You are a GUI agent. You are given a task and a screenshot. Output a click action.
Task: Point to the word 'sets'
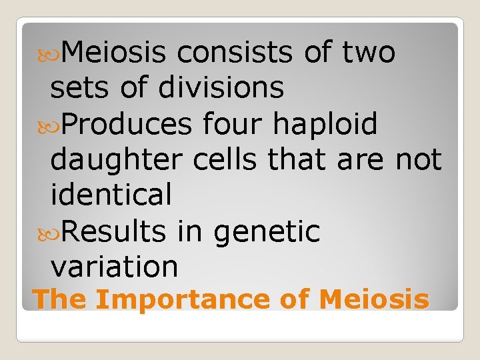[79, 87]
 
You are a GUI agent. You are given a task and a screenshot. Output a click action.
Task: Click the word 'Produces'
[126, 124]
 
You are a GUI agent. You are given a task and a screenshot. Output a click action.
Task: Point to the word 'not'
[419, 160]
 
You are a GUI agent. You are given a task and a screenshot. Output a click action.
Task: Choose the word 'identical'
[111, 195]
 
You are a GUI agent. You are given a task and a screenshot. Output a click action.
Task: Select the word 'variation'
[114, 267]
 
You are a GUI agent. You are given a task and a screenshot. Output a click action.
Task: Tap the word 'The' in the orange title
[59, 299]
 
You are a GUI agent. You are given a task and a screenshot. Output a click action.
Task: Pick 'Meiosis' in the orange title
[374, 299]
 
